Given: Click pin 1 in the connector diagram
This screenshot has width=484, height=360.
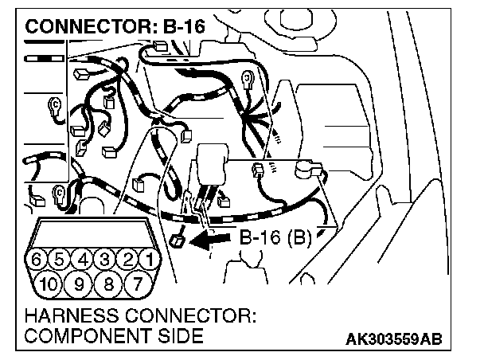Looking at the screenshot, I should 146,260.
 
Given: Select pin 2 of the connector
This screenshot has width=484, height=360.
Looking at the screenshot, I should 126,260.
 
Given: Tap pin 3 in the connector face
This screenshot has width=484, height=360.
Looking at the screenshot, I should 103,260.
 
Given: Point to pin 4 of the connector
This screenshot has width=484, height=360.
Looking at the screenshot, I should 82,260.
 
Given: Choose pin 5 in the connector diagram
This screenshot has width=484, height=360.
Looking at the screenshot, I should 60,260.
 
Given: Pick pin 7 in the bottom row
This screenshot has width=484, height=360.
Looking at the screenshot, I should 136,283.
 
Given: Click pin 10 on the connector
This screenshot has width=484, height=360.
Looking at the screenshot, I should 47,283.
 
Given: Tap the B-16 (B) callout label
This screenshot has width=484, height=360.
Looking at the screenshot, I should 275,237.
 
